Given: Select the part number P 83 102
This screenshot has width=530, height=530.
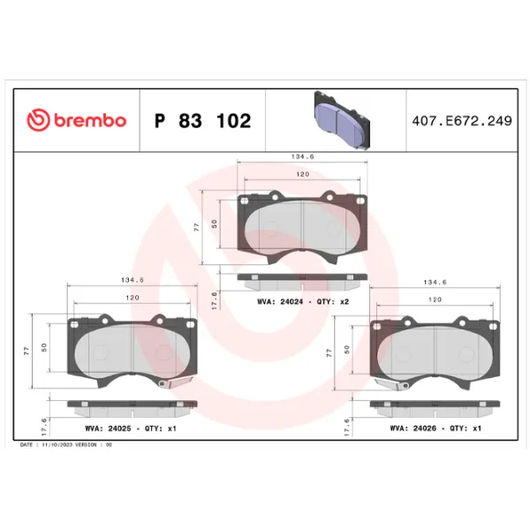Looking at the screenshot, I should pos(202,121).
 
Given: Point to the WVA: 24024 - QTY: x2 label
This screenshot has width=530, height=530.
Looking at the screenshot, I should pos(303,302).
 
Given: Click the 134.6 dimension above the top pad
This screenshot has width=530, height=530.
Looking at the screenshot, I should pos(303,156).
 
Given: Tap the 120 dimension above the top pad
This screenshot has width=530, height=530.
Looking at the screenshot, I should pos(303,175).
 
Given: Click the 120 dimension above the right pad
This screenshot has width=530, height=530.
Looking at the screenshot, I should pos(435,299).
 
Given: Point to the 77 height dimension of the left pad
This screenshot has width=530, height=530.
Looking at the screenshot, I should pos(28,352).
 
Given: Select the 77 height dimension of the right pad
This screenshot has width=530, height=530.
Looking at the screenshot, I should pos(330,352).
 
